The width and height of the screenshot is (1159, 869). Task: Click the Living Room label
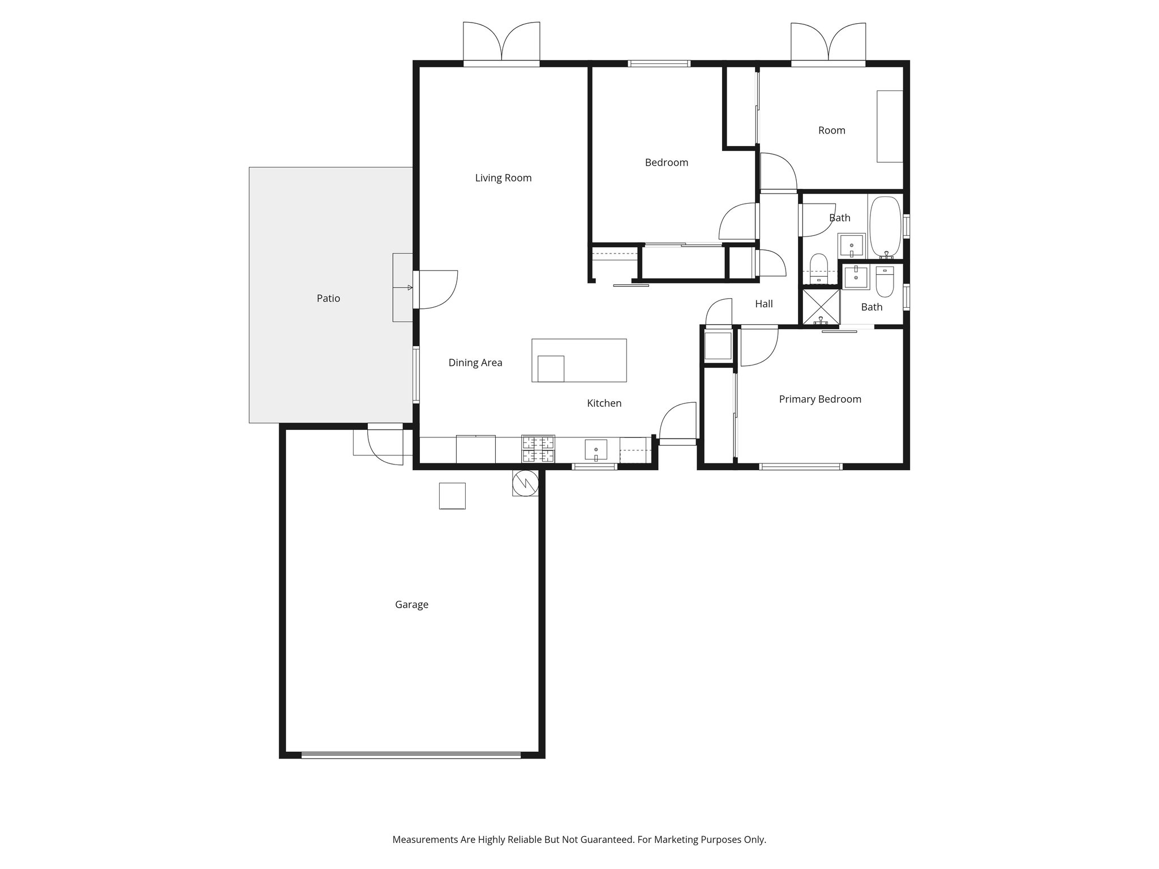[503, 178]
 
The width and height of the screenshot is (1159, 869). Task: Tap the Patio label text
[328, 299]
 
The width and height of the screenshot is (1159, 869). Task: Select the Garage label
[411, 605]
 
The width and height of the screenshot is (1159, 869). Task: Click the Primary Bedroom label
[820, 399]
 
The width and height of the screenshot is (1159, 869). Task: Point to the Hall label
[763, 304]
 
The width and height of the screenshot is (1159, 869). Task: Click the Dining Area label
[475, 363]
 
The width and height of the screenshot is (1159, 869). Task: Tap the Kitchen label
[604, 403]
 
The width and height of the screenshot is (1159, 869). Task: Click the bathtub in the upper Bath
[885, 226]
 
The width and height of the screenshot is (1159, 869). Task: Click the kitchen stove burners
[538, 449]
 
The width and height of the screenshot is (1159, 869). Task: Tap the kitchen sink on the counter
[595, 450]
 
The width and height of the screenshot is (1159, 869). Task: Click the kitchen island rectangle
[579, 360]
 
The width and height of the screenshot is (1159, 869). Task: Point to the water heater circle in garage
[525, 483]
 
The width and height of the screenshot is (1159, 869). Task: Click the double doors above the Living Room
[501, 43]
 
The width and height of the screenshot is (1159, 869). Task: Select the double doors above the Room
[828, 43]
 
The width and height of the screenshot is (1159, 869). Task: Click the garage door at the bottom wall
[411, 754]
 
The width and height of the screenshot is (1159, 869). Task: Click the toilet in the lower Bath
[884, 282]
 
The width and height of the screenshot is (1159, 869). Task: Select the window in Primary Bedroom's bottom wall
[800, 467]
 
